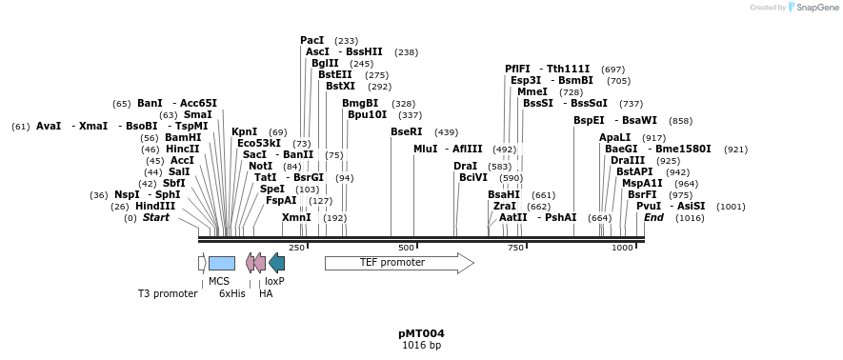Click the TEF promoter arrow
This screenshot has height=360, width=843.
398,263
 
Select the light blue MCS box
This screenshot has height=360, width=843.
221,263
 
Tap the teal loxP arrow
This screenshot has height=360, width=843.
276,263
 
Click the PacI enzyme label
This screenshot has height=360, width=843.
312,40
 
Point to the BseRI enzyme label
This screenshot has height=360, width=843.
406,131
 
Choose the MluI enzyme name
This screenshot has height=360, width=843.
426,149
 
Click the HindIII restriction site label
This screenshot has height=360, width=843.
155,206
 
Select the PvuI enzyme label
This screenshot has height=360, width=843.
649,206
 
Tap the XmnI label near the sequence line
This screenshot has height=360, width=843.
296,217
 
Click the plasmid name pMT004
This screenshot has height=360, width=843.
421,333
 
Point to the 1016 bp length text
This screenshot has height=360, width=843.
421,345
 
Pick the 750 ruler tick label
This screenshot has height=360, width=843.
515,248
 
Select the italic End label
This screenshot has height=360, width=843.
653,217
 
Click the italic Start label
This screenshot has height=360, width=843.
156,217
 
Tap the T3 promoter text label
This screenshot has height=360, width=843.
168,293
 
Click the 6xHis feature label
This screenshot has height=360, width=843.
232,293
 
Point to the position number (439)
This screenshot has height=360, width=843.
446,131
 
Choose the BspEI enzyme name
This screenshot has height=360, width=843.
589,120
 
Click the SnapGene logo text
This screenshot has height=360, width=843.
813,8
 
